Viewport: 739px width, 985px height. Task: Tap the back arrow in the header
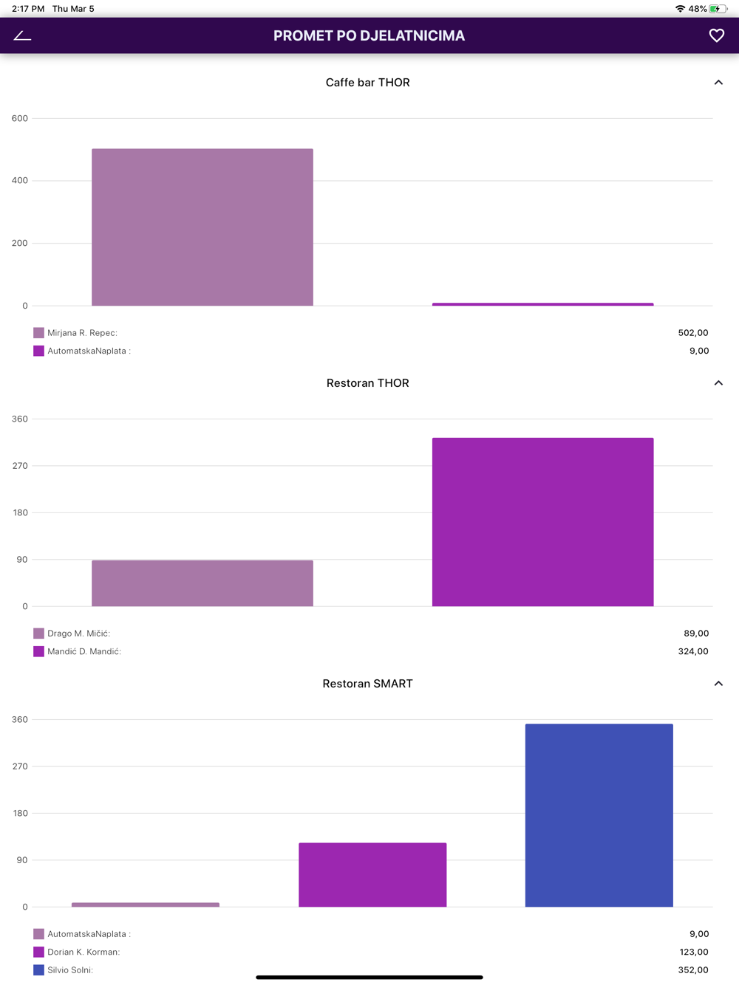click(x=22, y=35)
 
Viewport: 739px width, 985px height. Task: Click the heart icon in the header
click(x=716, y=35)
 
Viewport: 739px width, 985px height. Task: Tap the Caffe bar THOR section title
click(x=367, y=83)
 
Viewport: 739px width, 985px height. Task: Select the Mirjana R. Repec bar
click(x=202, y=227)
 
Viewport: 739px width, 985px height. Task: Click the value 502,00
click(x=692, y=333)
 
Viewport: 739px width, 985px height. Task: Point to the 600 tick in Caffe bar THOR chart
click(x=20, y=118)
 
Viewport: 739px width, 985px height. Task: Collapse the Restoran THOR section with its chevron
click(x=718, y=383)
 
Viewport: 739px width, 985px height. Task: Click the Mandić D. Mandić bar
click(x=542, y=522)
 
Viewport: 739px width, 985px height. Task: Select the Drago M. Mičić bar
click(x=202, y=583)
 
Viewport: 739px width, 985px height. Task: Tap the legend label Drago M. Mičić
click(x=78, y=634)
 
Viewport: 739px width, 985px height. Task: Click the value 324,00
click(x=692, y=651)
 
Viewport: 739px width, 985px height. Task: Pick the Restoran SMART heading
click(x=367, y=684)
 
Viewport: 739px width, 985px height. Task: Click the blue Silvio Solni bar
click(x=599, y=815)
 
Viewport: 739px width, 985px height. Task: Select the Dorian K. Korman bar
click(x=372, y=875)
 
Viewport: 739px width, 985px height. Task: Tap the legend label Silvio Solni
click(x=70, y=970)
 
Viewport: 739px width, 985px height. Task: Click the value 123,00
click(x=693, y=952)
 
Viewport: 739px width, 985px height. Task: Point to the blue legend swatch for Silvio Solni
click(x=38, y=970)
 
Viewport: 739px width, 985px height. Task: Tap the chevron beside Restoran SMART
click(x=718, y=684)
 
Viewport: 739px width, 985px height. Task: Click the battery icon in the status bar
click(x=718, y=9)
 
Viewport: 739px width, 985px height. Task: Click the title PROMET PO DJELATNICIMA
click(x=369, y=35)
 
